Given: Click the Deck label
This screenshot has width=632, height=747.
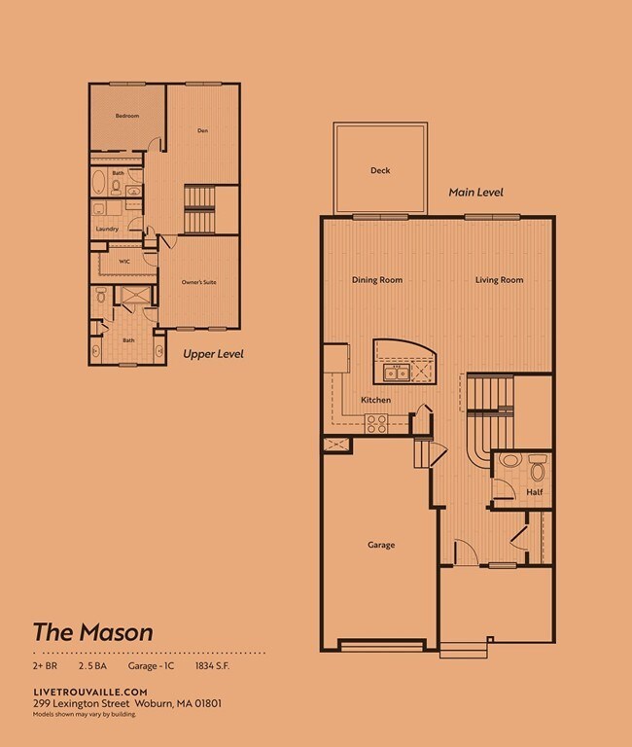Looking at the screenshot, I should pyautogui.click(x=380, y=171).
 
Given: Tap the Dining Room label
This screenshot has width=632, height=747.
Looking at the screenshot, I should pyautogui.click(x=376, y=280).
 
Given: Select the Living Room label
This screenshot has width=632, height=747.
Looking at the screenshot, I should pyautogui.click(x=499, y=280).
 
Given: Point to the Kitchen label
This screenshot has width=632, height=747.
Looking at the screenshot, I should pyautogui.click(x=375, y=400).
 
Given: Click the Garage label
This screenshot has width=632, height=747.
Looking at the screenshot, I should pyautogui.click(x=380, y=545).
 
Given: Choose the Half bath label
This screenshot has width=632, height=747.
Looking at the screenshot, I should pyautogui.click(x=534, y=492).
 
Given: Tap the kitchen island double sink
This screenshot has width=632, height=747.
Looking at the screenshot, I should pyautogui.click(x=397, y=373).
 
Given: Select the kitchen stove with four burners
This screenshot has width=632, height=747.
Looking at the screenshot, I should pyautogui.click(x=375, y=423).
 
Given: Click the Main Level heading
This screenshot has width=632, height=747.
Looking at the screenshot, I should pyautogui.click(x=475, y=193).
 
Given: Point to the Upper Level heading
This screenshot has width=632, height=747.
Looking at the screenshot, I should pyautogui.click(x=213, y=354).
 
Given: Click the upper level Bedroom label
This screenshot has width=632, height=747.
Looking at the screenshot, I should pyautogui.click(x=127, y=116).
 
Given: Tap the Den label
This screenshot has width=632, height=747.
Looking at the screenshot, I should pyautogui.click(x=202, y=130).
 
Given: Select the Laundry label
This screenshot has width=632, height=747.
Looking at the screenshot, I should pyautogui.click(x=107, y=230).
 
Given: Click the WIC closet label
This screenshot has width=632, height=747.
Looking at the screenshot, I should pyautogui.click(x=124, y=261).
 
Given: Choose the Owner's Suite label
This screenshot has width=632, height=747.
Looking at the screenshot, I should pyautogui.click(x=197, y=282).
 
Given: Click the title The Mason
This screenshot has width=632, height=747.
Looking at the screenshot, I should pyautogui.click(x=92, y=631).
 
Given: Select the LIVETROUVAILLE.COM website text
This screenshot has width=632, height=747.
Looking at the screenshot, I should pyautogui.click(x=82, y=691).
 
